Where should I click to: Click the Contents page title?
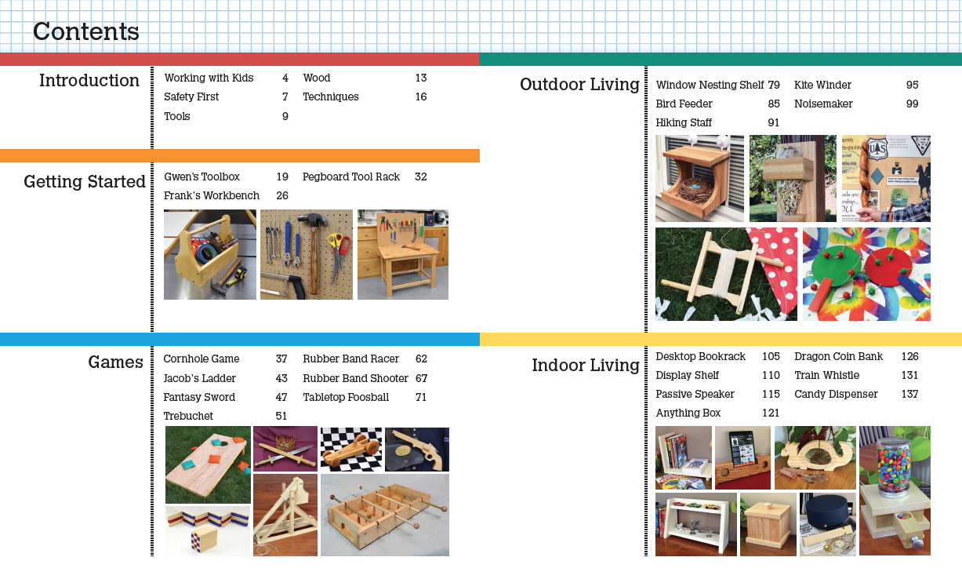[86, 32]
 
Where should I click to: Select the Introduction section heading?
[89, 81]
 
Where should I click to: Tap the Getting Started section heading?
[85, 182]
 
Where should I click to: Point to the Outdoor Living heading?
[579, 85]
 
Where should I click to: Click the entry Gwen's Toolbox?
[201, 177]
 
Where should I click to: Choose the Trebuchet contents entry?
[188, 416]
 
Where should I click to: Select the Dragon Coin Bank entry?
[838, 356]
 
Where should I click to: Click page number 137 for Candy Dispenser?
[909, 394]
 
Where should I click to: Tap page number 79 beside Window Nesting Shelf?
[773, 85]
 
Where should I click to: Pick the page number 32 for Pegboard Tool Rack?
[421, 177]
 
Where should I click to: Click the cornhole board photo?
[208, 464]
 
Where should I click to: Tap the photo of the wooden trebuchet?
[285, 515]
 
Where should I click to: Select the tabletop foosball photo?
[384, 515]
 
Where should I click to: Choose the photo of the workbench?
[403, 254]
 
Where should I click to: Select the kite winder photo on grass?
[726, 274]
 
